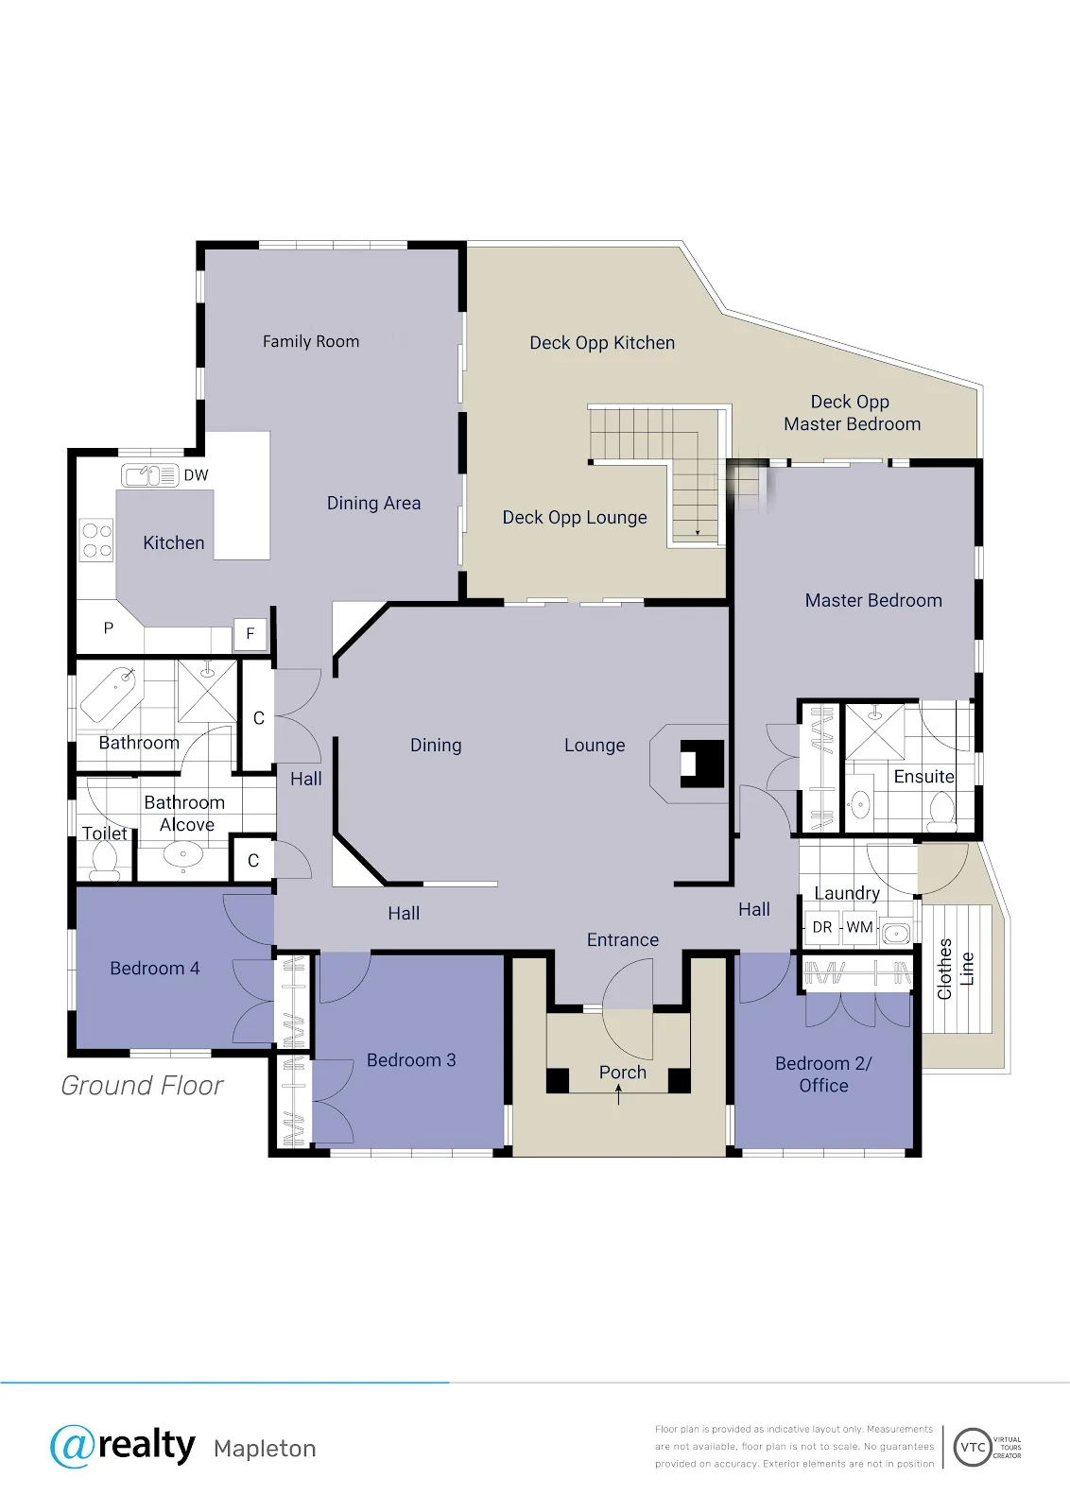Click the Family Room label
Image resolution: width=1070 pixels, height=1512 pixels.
pyautogui.click(x=311, y=341)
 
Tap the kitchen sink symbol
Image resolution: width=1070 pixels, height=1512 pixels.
pyautogui.click(x=150, y=475)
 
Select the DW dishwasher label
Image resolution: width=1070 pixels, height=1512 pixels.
pyautogui.click(x=196, y=475)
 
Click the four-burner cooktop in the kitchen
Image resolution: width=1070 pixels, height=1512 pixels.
pyautogui.click(x=96, y=540)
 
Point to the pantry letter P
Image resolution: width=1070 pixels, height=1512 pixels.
pyautogui.click(x=108, y=627)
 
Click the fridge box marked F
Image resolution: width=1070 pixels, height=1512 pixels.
pyautogui.click(x=250, y=634)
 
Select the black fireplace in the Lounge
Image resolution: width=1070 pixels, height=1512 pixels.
pyautogui.click(x=702, y=764)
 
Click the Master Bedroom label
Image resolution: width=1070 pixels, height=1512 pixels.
pyautogui.click(x=872, y=601)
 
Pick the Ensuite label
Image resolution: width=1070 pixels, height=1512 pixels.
pyautogui.click(x=923, y=776)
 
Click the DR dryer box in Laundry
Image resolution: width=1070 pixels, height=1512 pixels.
pyautogui.click(x=821, y=927)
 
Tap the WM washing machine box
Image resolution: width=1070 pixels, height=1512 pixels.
pyautogui.click(x=859, y=927)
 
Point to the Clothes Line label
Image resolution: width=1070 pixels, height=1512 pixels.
pyautogui.click(x=956, y=969)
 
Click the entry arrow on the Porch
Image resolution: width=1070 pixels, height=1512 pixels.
pyautogui.click(x=618, y=1094)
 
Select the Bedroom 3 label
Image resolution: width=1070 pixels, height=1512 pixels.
pyautogui.click(x=411, y=1059)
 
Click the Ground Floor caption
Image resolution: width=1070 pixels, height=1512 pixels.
pyautogui.click(x=142, y=1086)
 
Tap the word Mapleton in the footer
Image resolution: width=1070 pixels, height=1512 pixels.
pyautogui.click(x=265, y=1449)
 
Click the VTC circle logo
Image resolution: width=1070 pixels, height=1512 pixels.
pyautogui.click(x=972, y=1447)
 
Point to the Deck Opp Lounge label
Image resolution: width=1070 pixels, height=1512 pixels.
pyautogui.click(x=575, y=518)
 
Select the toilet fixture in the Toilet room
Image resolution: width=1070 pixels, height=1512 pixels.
pyautogui.click(x=105, y=862)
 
